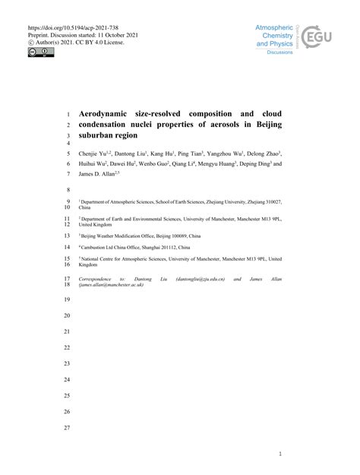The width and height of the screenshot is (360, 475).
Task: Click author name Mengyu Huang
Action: point(219,163)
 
